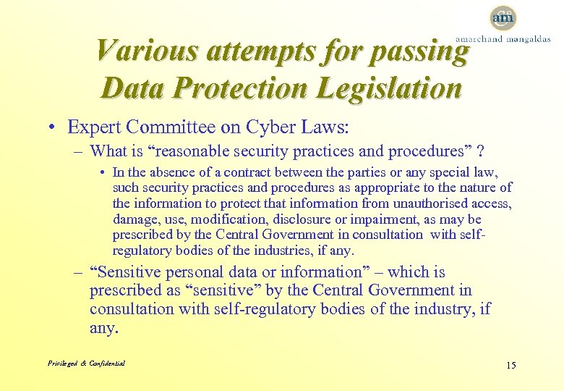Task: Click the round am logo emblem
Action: pyautogui.click(x=503, y=17)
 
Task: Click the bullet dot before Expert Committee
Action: pyautogui.click(x=54, y=128)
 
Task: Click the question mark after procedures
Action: pyautogui.click(x=481, y=151)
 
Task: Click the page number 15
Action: pyautogui.click(x=510, y=365)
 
